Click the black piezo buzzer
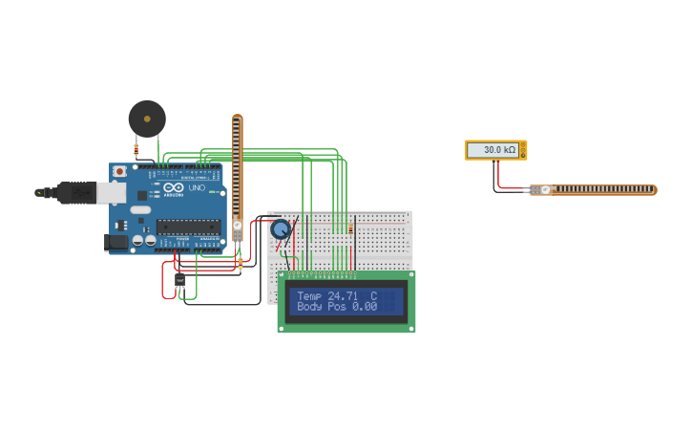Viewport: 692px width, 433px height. tap(147, 119)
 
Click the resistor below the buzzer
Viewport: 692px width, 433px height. tap(136, 148)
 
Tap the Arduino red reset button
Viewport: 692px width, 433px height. tap(119, 171)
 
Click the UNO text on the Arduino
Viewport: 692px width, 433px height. tap(197, 188)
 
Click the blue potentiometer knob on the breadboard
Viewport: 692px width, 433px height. tap(281, 229)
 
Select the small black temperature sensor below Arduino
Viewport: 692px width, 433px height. tap(179, 279)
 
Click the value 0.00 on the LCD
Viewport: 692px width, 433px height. tap(365, 307)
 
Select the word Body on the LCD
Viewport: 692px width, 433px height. tap(309, 307)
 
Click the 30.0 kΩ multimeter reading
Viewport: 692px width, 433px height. tap(498, 150)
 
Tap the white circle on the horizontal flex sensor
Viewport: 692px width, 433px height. tap(545, 189)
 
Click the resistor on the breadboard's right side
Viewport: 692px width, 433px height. tap(351, 228)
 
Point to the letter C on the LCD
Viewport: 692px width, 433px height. tap(373, 296)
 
